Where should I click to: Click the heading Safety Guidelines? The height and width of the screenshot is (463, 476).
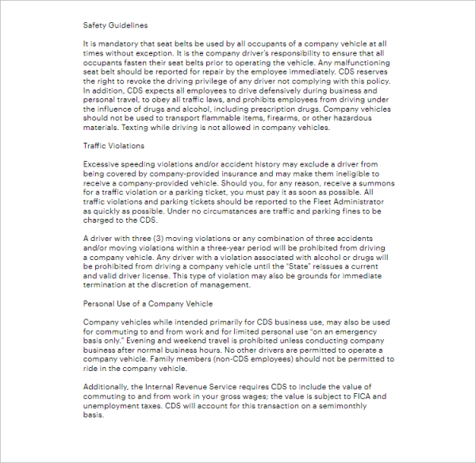[115, 25]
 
